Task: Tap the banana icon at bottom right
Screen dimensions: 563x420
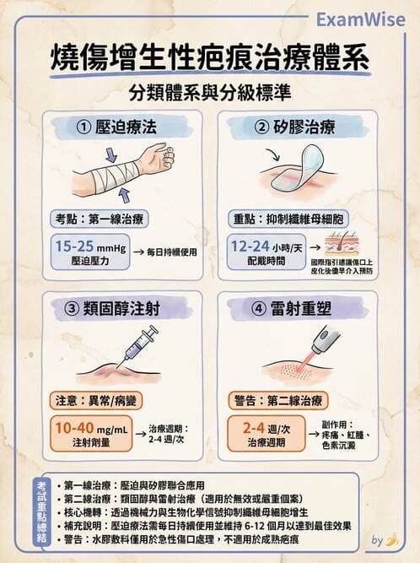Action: [390, 540]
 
